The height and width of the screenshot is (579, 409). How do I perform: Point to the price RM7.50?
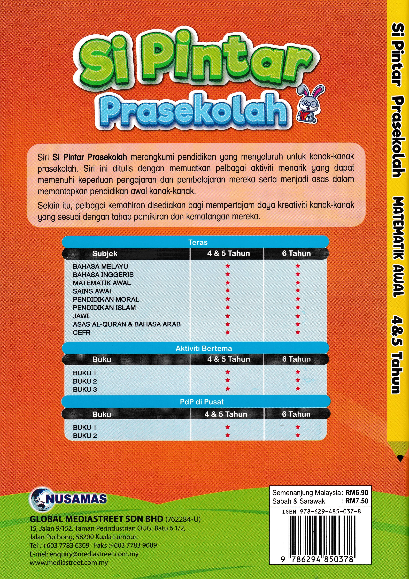pos(356,501)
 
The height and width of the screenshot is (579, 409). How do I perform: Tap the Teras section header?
pos(198,242)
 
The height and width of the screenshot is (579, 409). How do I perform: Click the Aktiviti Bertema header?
pos(204,348)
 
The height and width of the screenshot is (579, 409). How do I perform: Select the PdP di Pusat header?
pos(202,402)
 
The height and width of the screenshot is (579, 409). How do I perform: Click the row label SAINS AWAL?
pos(93,291)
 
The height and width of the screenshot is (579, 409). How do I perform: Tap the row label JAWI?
pos(81,316)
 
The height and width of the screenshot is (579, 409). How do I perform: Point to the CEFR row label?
pos(81,332)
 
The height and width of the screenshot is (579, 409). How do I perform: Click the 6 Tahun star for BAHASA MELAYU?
pos(298,266)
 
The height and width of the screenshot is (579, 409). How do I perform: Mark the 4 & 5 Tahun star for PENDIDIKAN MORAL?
pos(228,299)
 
